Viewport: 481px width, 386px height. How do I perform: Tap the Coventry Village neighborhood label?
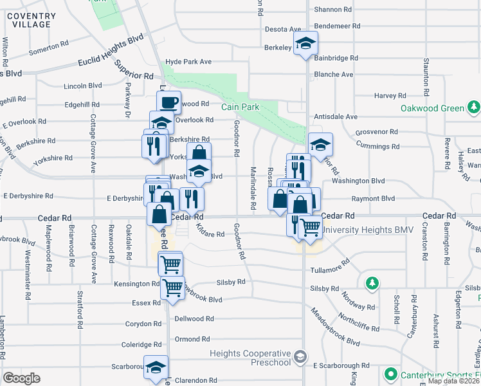pos(31,19)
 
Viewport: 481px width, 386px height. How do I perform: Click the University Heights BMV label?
pos(361,230)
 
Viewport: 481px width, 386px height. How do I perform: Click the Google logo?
pos(21,378)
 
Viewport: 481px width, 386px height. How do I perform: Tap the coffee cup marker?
pos(168,102)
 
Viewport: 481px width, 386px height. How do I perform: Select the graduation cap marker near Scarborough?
pos(156,367)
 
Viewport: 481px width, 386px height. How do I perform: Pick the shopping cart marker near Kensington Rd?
pos(172,288)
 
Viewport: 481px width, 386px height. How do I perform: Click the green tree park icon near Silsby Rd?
pos(371,283)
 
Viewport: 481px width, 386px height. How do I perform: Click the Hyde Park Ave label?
pos(188,62)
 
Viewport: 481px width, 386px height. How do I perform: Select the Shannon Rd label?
pos(333,10)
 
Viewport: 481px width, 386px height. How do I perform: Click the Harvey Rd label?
pos(390,96)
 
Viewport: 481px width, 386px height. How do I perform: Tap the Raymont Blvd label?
pos(378,199)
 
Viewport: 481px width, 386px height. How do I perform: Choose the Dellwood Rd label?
pos(193,318)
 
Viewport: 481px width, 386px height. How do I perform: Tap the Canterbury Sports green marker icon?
pos(390,373)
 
